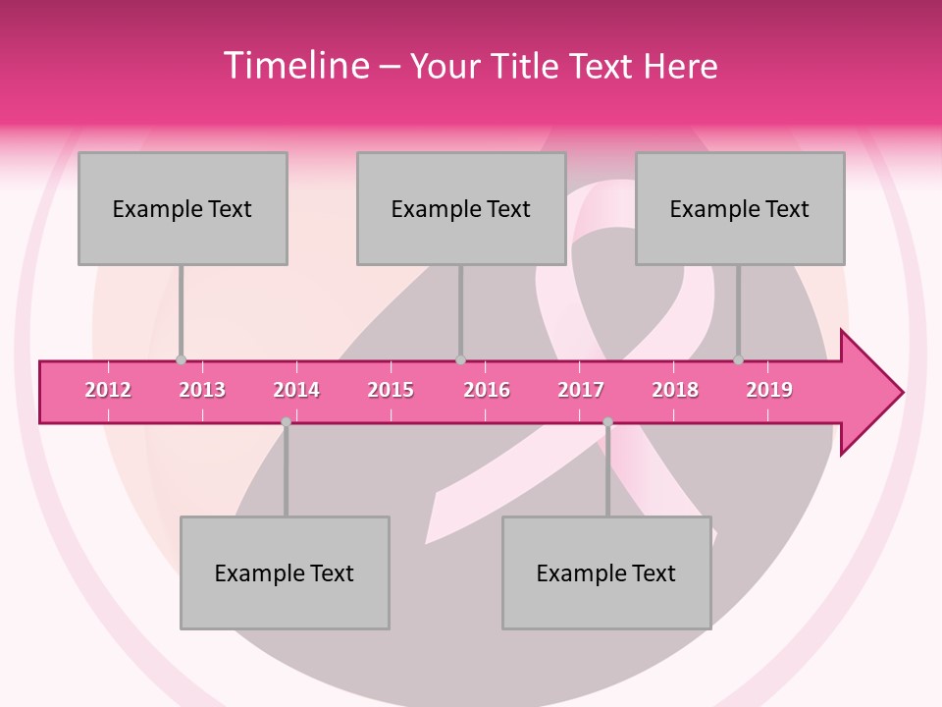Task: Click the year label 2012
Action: pos(108,390)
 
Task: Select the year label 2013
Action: pos(202,390)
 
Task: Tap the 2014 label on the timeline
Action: pos(296,390)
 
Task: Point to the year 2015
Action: pos(391,390)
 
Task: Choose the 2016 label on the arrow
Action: pos(487,390)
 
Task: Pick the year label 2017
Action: pos(581,390)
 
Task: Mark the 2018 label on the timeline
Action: pos(675,390)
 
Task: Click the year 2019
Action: pos(769,390)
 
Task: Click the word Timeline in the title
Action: pos(295,66)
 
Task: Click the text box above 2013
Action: pos(183,208)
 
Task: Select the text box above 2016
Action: pos(461,208)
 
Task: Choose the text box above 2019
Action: pos(740,208)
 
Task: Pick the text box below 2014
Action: pos(285,572)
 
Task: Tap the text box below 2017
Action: pos(606,572)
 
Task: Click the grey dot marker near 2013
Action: pos(181,359)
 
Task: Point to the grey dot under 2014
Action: pos(286,422)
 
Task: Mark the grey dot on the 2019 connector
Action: pos(738,359)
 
